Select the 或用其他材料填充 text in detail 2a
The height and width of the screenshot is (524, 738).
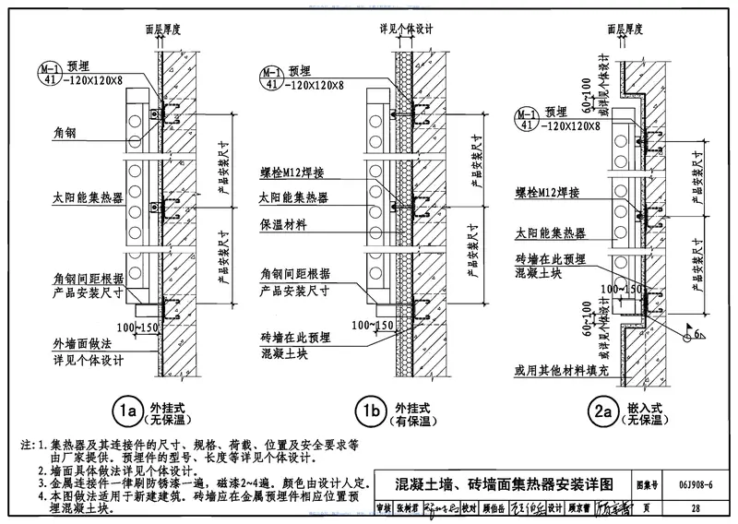click(x=560, y=371)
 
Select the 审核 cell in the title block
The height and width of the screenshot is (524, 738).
click(x=384, y=507)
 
